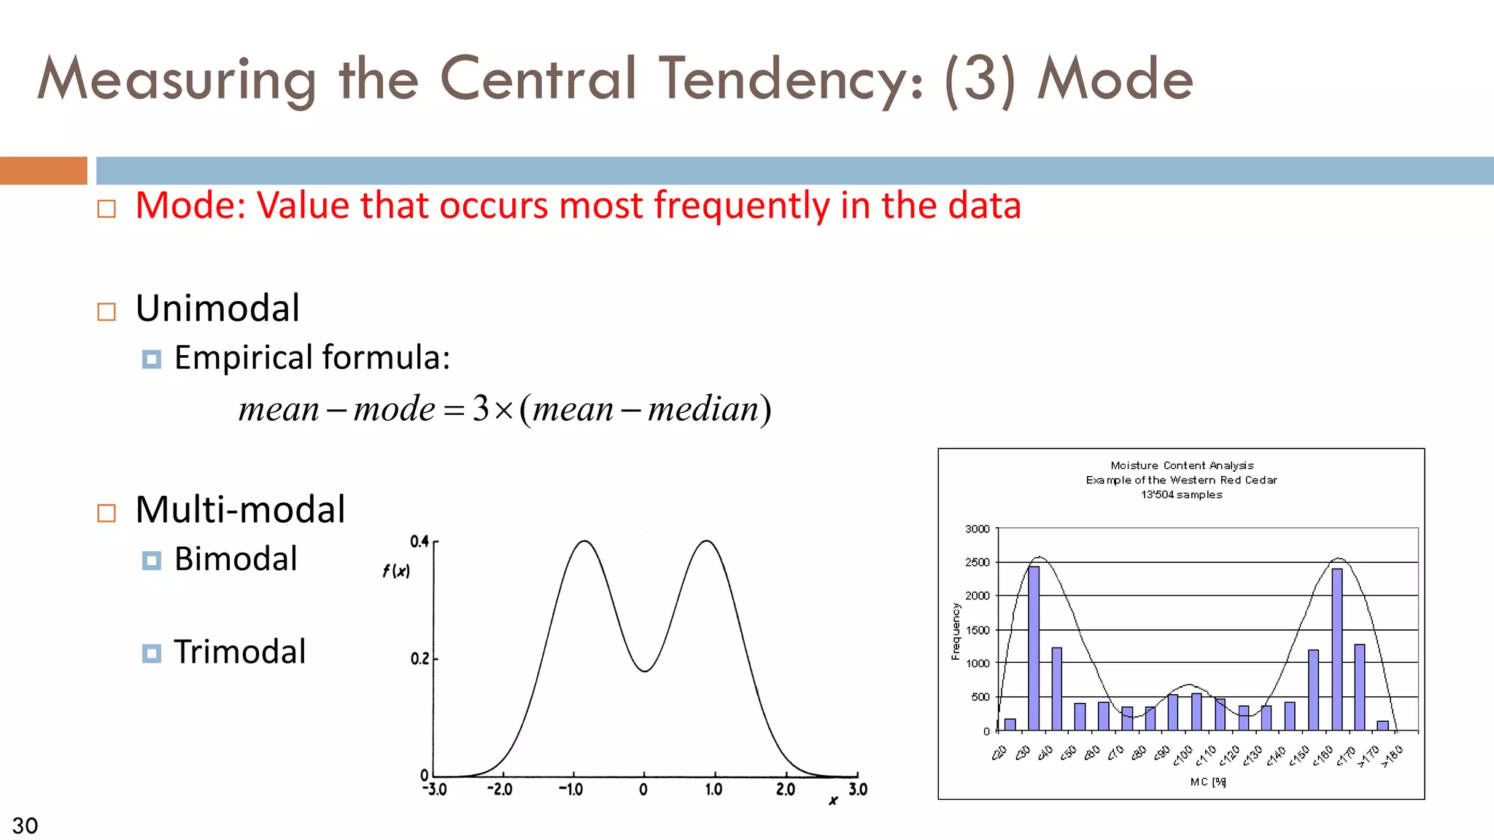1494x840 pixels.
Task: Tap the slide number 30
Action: coord(25,825)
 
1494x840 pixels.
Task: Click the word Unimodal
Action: coord(217,308)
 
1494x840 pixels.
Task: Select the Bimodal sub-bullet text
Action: coord(236,559)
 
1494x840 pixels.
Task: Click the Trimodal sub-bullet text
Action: coord(239,652)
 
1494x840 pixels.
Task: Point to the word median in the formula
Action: coord(703,409)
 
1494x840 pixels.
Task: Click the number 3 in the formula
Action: coord(481,408)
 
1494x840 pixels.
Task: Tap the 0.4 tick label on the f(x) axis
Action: coord(419,541)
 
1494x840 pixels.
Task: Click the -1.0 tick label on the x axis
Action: coord(570,790)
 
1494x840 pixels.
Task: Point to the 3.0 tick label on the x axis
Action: coord(858,790)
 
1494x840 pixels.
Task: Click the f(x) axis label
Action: coord(396,571)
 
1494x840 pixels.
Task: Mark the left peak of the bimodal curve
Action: coord(584,542)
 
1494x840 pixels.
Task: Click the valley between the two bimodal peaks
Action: coord(645,670)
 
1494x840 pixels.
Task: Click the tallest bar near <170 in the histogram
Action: coord(1336,649)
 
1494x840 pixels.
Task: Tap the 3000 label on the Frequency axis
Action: coord(977,529)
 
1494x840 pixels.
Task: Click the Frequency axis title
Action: coord(956,631)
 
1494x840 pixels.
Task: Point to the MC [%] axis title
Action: coord(1207,782)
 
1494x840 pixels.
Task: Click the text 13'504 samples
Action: coord(1181,494)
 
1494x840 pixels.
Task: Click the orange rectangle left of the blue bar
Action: coord(43,171)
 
